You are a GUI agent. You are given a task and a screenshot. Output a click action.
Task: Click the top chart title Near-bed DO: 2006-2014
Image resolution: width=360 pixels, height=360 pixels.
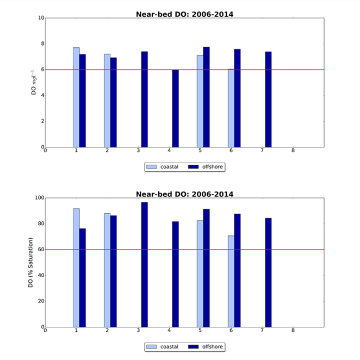coord(184,14)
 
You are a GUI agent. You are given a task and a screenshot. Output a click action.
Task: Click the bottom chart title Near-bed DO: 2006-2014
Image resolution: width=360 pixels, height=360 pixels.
coord(184,194)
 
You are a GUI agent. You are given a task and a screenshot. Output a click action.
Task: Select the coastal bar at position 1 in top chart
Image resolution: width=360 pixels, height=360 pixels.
coord(76,97)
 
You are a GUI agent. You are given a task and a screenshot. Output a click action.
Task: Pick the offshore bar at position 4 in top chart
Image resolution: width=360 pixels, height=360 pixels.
coord(175,108)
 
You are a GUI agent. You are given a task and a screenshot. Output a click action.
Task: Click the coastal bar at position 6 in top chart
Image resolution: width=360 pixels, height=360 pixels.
coord(231,108)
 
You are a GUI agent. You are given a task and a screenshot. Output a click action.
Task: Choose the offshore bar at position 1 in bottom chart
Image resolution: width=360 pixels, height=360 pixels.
coord(83,277)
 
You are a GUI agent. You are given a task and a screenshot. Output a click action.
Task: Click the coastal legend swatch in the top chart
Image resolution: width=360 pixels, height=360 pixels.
coord(154,167)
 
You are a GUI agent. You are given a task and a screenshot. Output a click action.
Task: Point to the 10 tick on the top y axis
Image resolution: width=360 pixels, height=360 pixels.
coord(40,18)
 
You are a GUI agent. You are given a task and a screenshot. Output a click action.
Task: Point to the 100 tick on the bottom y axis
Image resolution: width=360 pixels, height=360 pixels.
coord(38,198)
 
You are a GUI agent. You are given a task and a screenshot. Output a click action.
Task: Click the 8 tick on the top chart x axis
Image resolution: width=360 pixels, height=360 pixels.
coord(293,151)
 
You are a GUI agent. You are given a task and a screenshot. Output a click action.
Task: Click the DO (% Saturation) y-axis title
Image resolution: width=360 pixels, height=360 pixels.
coord(32,262)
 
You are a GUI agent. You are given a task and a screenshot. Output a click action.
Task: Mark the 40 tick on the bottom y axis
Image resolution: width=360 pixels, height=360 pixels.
coord(39,275)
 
